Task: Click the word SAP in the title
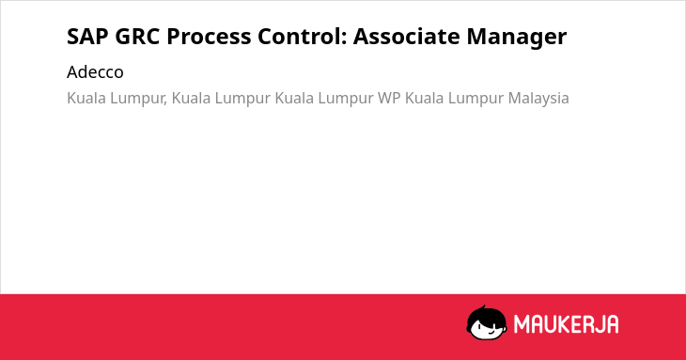86,37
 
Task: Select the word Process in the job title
209,37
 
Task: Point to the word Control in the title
299,37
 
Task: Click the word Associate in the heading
406,37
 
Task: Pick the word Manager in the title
517,38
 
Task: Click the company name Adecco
95,72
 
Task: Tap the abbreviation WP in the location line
389,99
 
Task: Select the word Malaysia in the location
538,99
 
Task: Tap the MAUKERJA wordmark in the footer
566,324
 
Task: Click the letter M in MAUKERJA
521,324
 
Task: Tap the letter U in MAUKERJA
550,324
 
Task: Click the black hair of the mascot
486,315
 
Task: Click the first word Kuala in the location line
86,99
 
